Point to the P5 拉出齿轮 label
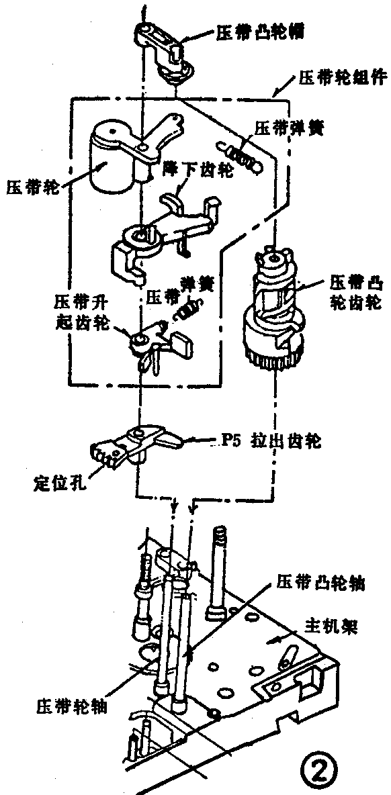269,442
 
